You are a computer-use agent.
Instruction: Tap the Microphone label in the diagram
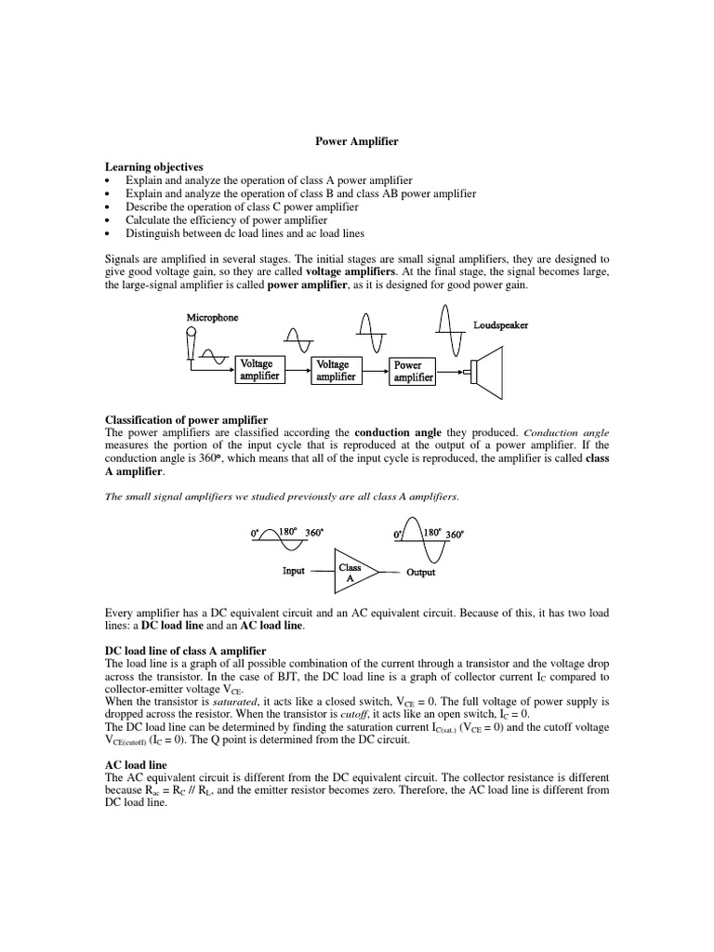point(212,318)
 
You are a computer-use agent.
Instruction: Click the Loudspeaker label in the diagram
point(501,326)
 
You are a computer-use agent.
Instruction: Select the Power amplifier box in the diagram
point(413,371)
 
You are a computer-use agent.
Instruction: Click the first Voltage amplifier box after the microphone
point(259,370)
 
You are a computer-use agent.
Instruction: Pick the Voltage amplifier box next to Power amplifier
point(335,371)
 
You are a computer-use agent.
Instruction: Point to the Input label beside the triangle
point(293,571)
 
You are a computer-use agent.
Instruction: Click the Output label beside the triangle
point(420,572)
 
